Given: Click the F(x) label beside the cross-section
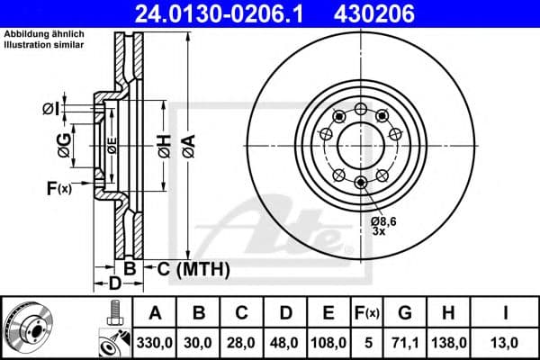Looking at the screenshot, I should [x=58, y=189].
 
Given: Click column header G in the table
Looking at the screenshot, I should [x=404, y=313].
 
